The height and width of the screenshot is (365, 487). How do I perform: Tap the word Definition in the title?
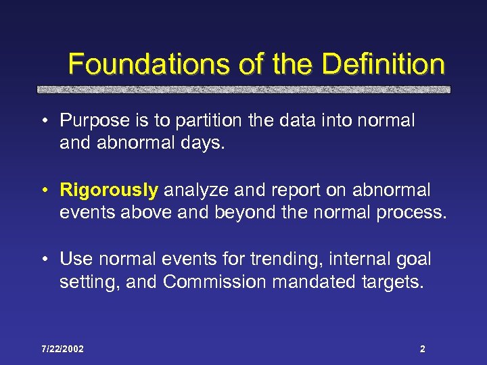tap(384, 65)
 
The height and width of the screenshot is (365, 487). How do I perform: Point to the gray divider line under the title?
tap(243, 89)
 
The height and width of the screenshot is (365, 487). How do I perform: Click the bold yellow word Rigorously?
tap(109, 191)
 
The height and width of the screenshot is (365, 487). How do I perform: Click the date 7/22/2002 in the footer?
tap(62, 349)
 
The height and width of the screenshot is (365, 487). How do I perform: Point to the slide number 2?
tap(422, 349)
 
